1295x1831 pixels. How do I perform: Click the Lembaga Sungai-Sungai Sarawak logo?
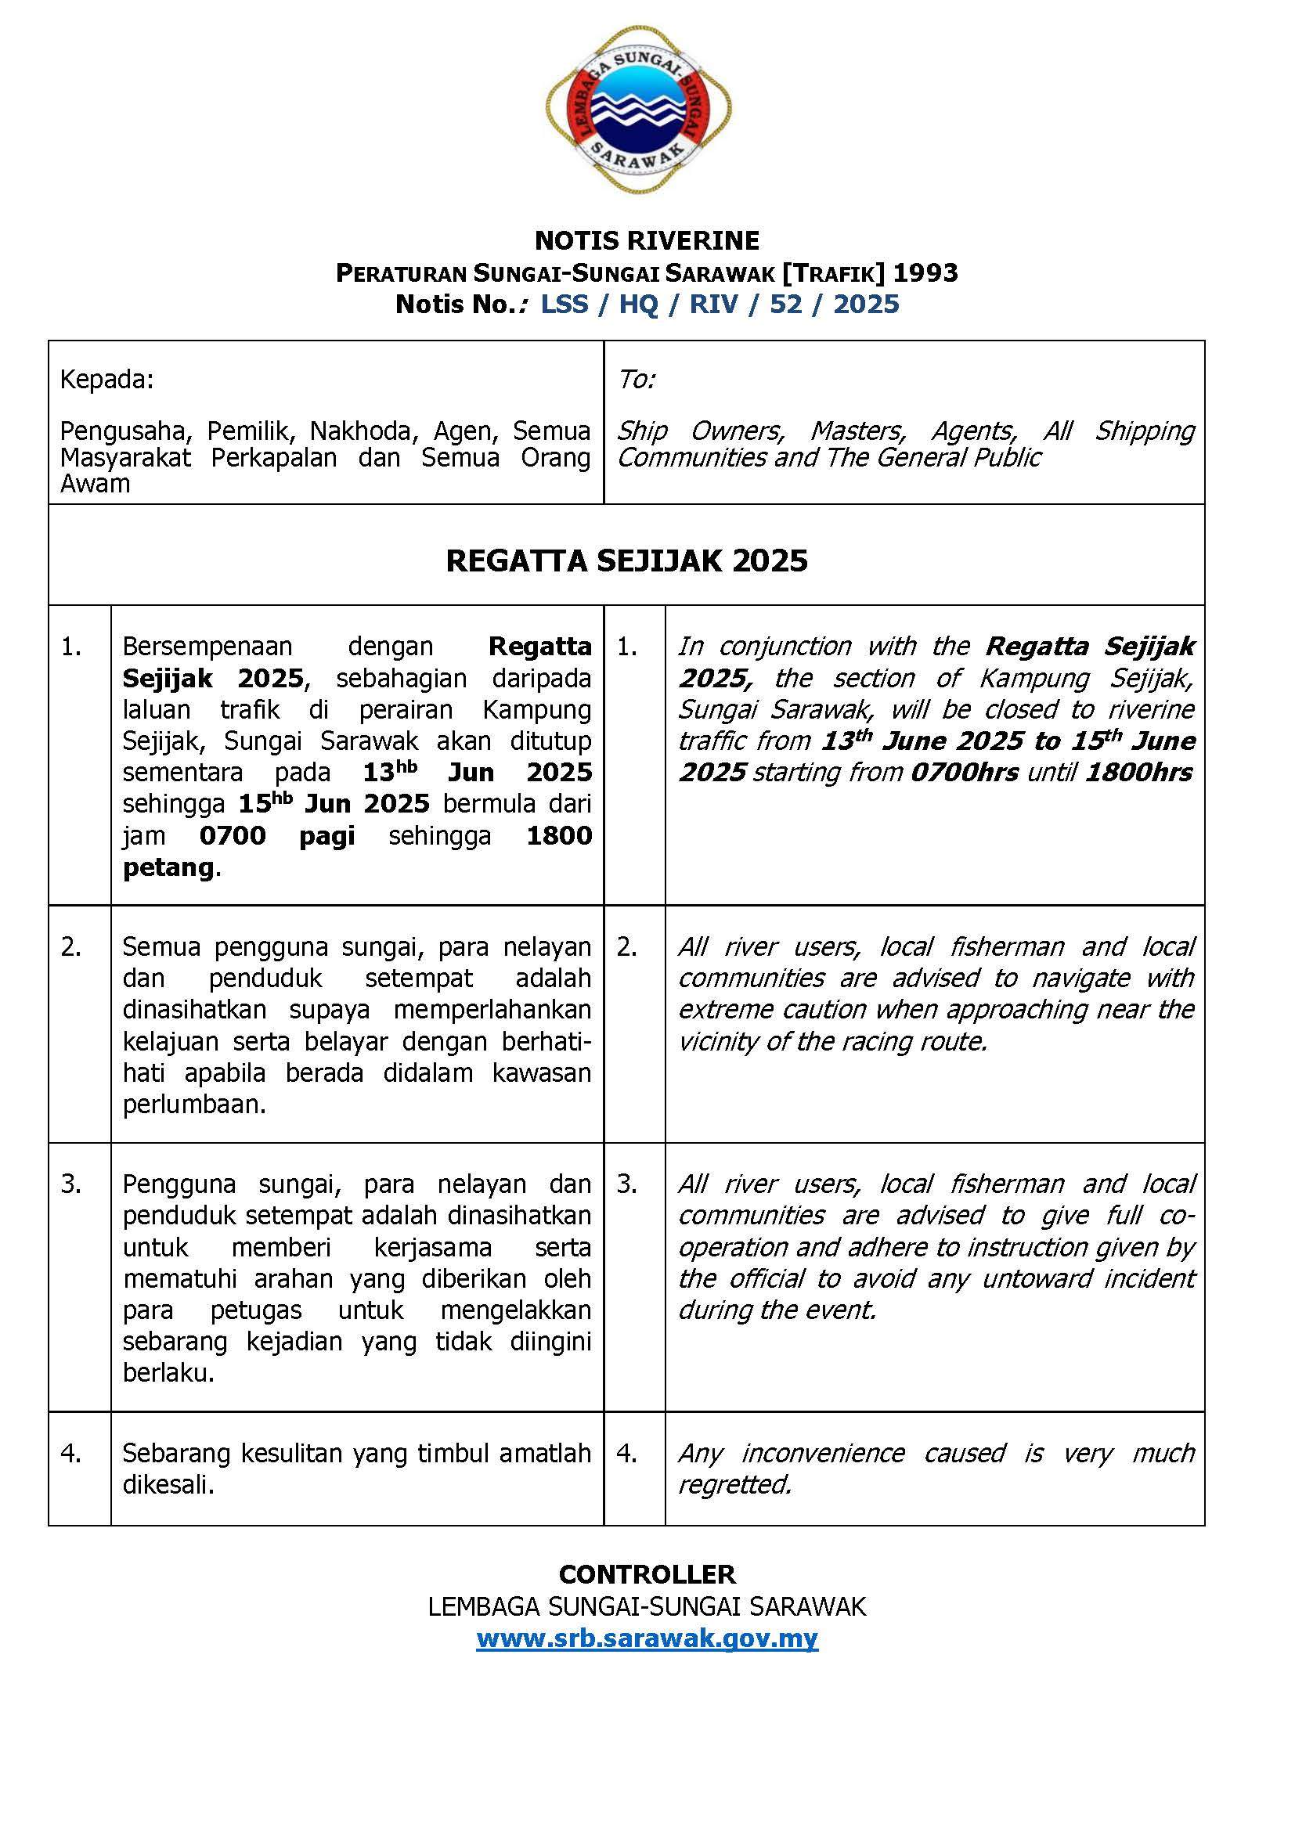pos(639,110)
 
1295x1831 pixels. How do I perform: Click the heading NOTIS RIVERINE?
pos(647,240)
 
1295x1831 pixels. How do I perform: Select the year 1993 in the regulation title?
pos(924,272)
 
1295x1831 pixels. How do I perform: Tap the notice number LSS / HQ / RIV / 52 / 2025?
pos(720,304)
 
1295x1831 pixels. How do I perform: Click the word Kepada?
pos(106,380)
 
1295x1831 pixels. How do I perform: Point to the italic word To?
pos(636,380)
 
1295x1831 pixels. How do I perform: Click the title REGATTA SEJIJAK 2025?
pos(627,560)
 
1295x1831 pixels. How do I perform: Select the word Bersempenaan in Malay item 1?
pos(207,646)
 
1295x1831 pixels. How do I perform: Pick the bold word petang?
pos(168,867)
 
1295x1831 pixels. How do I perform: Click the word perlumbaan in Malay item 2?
pos(191,1105)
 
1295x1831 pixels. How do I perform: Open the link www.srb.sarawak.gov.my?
pos(647,1638)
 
